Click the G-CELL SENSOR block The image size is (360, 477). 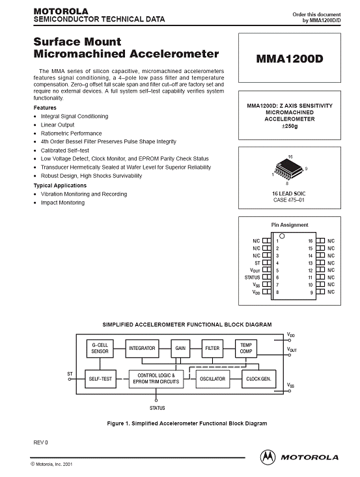100,349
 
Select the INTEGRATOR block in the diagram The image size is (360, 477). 142,349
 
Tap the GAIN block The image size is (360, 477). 180,349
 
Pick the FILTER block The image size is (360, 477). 212,349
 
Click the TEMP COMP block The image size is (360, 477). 246,349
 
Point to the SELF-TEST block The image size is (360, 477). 100,379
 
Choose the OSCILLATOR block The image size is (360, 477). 213,379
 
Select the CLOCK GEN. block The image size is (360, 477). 259,379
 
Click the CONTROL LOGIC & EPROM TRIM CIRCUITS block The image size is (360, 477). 156,379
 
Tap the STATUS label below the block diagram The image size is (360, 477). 157,408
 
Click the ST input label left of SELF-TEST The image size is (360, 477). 70,374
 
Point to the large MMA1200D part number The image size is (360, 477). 290,59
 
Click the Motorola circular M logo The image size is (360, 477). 268,457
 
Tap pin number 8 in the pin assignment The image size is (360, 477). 277,292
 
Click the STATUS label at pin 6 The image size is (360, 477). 252,278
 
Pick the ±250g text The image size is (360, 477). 290,126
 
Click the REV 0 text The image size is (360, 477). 41,442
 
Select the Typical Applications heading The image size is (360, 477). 60,186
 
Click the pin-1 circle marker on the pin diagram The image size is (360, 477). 282,236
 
